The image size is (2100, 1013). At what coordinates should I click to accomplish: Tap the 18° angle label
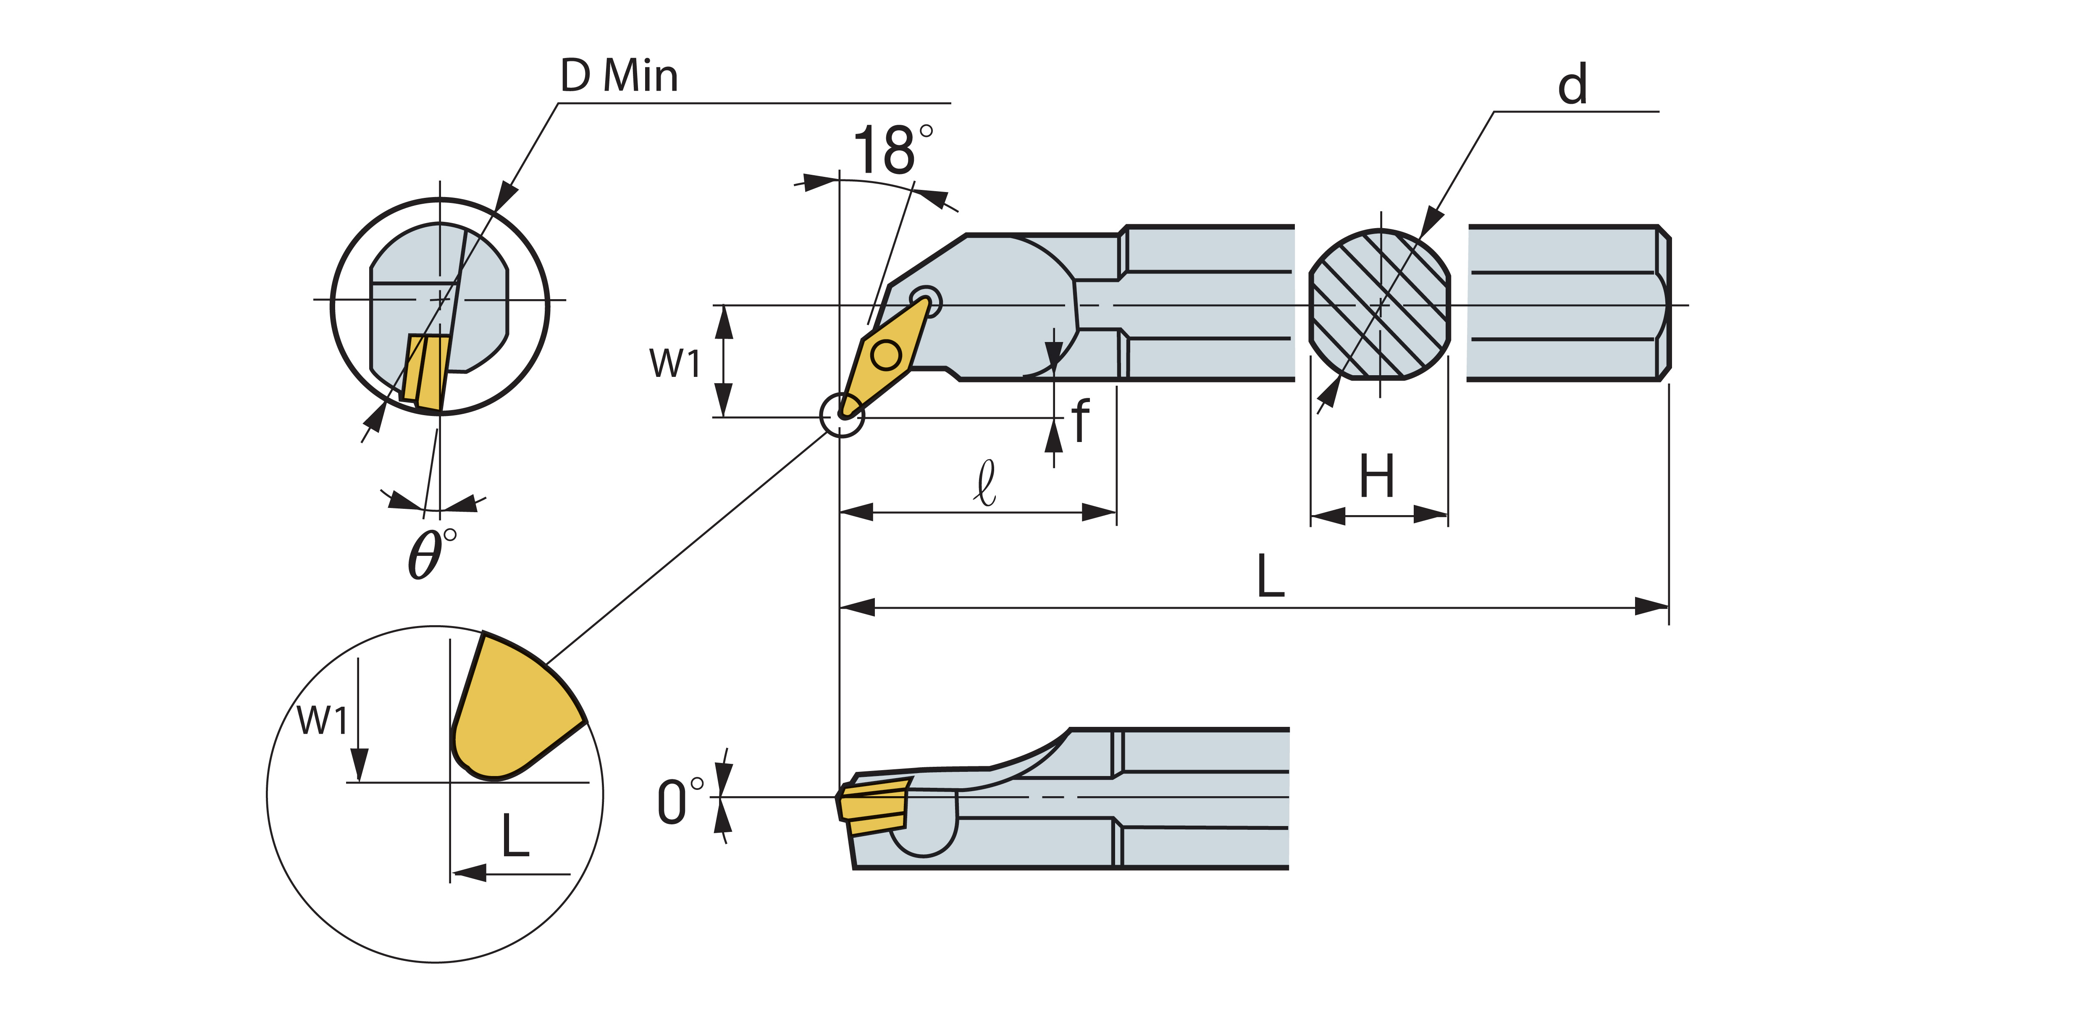[891, 151]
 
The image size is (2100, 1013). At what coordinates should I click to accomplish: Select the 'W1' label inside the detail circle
[322, 720]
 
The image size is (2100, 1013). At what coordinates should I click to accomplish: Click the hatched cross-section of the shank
[1379, 305]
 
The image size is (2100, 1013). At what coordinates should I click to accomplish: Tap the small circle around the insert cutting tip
[841, 415]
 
